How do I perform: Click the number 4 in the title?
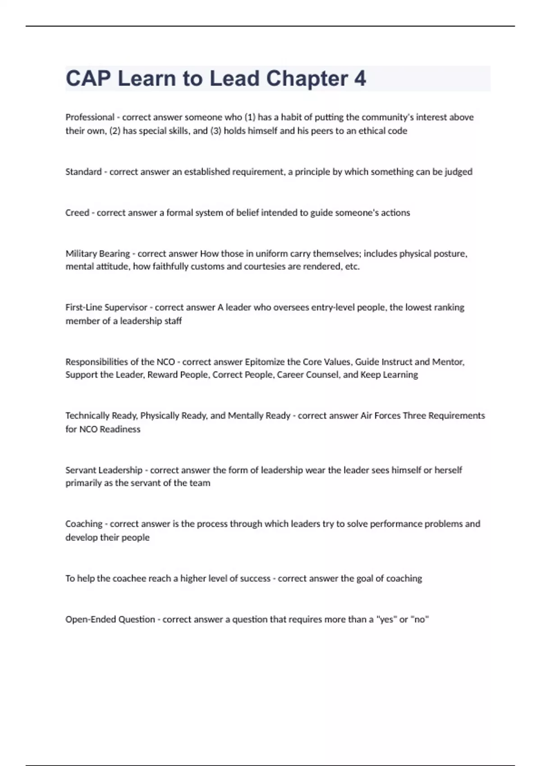360,78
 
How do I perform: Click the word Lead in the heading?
234,78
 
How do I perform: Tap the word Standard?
83,172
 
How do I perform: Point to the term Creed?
77,213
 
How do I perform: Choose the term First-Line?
84,307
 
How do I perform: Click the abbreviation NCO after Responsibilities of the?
165,362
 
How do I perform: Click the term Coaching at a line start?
84,524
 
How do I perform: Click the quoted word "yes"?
386,620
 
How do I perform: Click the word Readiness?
120,429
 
